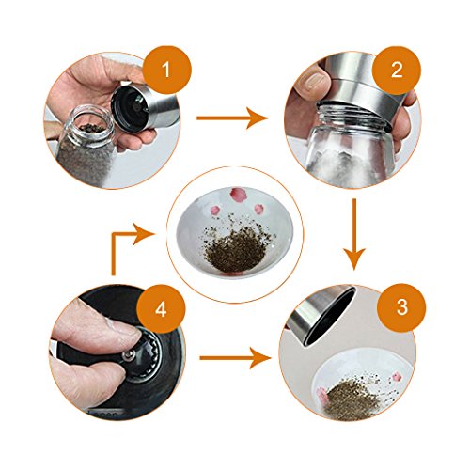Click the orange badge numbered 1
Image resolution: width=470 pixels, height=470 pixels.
click(166, 70)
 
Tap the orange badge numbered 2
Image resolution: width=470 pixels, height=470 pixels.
click(397, 70)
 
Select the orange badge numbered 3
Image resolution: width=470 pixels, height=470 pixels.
click(402, 307)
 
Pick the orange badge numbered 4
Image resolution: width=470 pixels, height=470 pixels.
click(161, 310)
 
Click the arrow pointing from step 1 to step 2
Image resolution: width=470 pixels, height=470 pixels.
click(232, 117)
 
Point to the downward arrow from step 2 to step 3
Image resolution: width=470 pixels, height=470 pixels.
click(354, 234)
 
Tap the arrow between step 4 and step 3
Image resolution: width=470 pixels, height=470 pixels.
click(235, 358)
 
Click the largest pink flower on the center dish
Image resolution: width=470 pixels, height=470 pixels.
click(237, 194)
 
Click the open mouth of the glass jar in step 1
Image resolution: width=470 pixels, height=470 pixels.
click(90, 126)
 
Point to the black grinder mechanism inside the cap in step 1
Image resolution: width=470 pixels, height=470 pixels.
click(133, 105)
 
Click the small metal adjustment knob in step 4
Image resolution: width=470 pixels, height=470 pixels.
click(129, 354)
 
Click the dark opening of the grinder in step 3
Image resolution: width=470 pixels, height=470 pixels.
click(333, 317)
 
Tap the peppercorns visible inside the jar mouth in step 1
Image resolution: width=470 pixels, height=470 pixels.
click(91, 128)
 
